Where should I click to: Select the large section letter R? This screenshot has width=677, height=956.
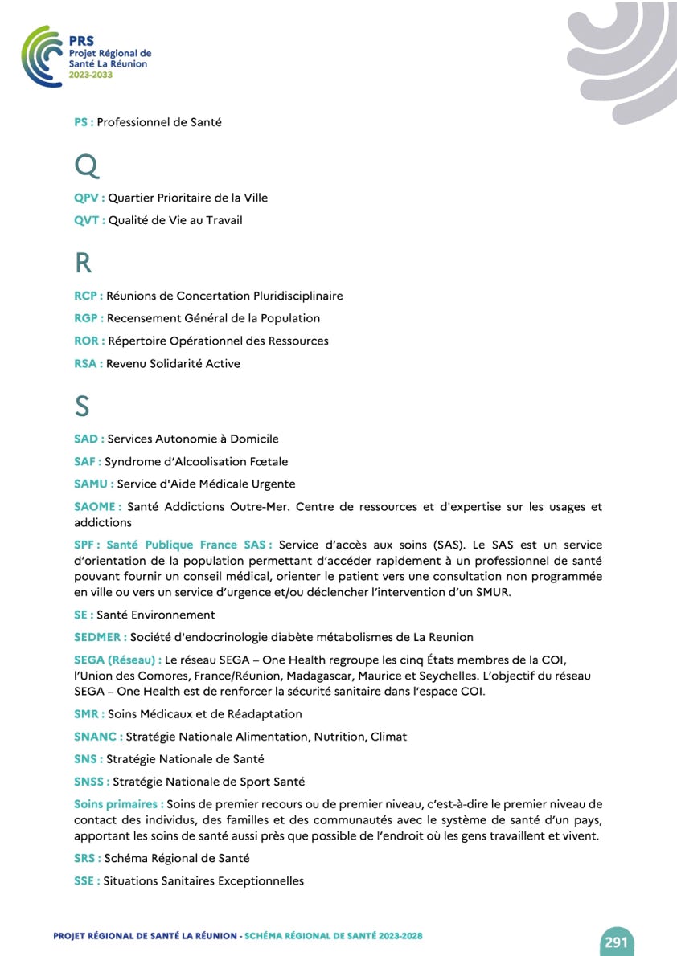(83, 264)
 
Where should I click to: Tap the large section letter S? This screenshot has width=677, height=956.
(82, 407)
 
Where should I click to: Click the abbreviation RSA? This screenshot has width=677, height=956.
(86, 363)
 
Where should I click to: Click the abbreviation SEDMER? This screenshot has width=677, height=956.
(98, 637)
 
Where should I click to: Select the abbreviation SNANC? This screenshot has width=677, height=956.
(96, 736)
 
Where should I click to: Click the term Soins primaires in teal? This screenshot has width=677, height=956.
(117, 803)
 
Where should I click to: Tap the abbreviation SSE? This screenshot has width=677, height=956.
(84, 880)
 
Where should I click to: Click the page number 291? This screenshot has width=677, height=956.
(616, 942)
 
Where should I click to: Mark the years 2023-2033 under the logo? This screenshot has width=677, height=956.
(91, 74)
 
